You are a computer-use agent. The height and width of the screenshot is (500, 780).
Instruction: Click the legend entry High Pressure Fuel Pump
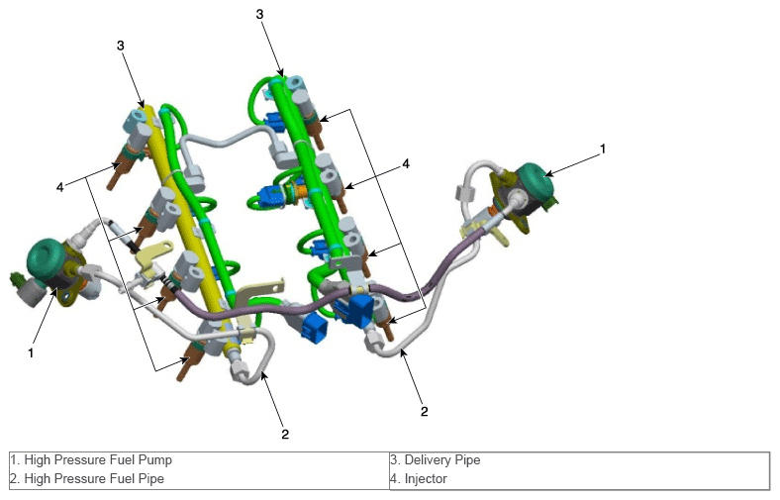tap(91, 459)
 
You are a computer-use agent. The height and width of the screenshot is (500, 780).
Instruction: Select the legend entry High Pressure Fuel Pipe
tap(87, 478)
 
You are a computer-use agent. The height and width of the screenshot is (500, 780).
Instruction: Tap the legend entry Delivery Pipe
tap(436, 459)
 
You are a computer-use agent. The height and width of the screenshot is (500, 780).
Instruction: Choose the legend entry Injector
tap(419, 478)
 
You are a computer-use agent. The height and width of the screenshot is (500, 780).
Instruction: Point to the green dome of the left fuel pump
tap(46, 258)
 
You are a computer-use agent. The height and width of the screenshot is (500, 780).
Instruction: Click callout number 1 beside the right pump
tap(603, 149)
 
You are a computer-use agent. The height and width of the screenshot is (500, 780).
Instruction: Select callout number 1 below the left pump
tap(31, 352)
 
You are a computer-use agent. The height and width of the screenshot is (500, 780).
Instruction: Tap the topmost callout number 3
tap(259, 14)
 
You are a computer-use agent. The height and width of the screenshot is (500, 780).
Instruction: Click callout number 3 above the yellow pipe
tap(121, 46)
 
